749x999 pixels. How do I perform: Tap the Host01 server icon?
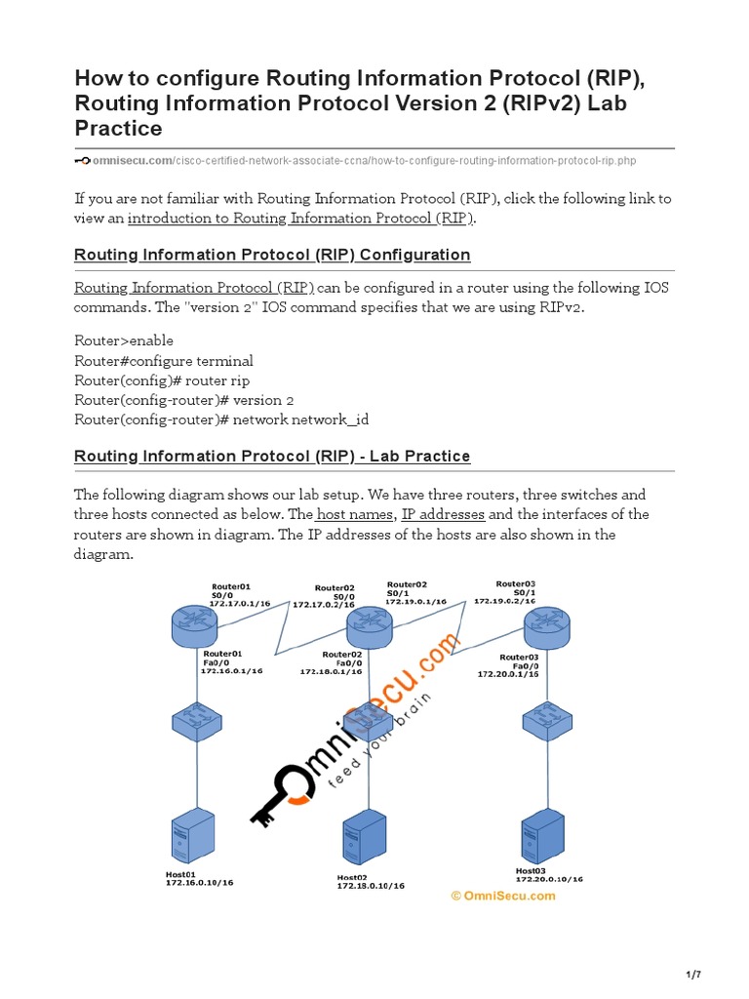point(191,837)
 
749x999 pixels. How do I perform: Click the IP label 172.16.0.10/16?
point(199,882)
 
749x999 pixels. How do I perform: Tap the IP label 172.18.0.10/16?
point(371,886)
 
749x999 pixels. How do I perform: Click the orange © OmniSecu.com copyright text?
point(502,896)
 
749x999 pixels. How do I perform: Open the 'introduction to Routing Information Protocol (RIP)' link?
point(300,219)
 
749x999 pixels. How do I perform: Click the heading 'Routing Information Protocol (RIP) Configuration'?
point(272,255)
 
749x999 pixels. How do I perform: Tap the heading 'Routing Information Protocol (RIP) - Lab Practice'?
point(272,456)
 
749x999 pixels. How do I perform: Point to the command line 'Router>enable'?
point(124,340)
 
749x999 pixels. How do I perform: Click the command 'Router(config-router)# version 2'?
point(184,400)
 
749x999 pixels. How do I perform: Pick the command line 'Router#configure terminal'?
point(164,360)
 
